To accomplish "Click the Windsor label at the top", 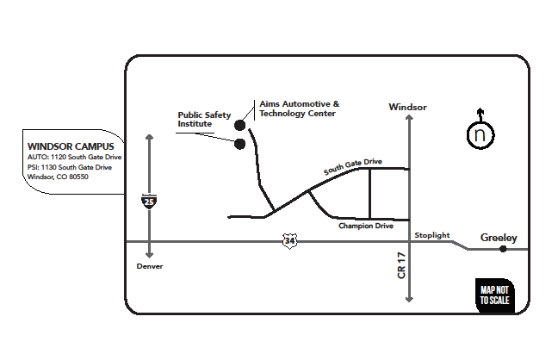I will coord(407,107).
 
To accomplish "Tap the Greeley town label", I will coord(499,238).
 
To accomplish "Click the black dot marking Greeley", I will coord(504,249).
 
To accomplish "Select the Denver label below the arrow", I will coord(150,267).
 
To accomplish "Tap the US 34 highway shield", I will coord(288,242).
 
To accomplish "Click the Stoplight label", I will coord(431,235).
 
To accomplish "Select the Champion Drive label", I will coord(365,227).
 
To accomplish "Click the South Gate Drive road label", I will coord(352,166).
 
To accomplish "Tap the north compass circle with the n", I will coord(480,135).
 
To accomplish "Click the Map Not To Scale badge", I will coord(495,295).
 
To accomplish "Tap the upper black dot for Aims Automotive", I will coord(240,126).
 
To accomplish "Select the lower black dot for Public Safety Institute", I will coord(240,143).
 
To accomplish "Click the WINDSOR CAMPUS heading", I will coord(65,146).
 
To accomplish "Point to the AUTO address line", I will coord(75,158).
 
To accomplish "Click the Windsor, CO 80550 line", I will coord(59,177).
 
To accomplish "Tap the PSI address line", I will coord(70,167).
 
